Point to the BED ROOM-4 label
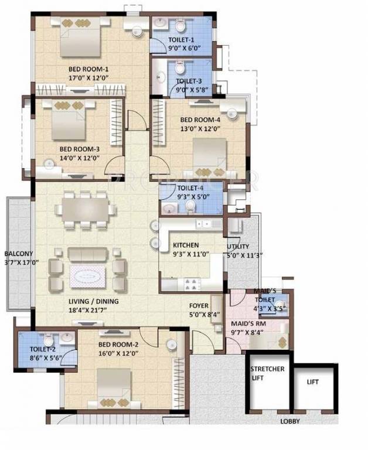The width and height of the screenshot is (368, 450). (200, 120)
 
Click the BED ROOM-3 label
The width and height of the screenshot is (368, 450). (78, 149)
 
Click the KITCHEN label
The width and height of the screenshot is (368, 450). (186, 245)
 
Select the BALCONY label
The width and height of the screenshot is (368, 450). (18, 254)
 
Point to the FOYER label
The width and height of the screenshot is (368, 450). (199, 306)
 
